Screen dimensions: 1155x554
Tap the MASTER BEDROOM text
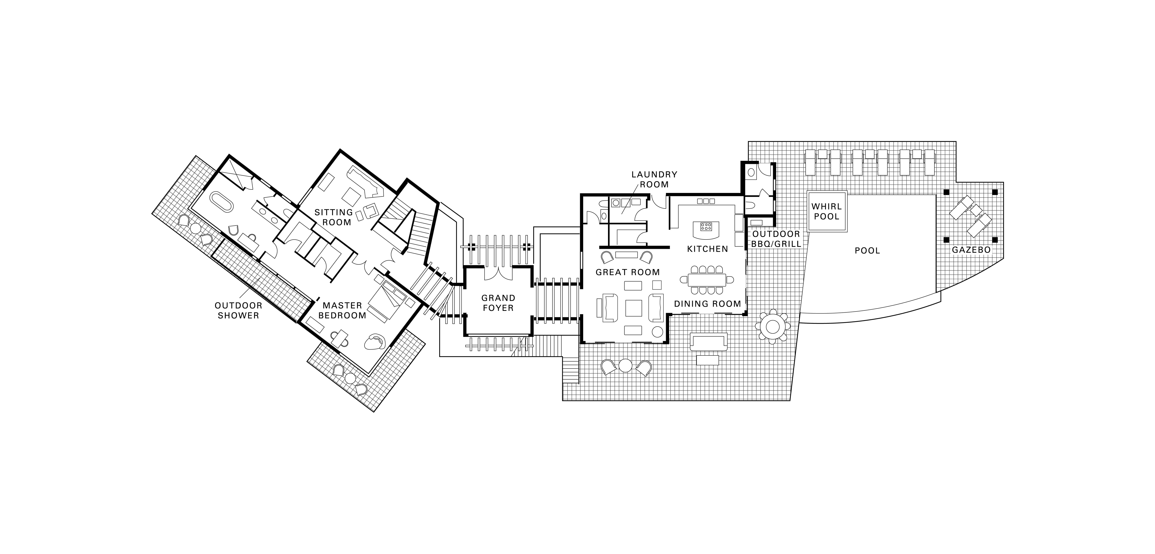342,310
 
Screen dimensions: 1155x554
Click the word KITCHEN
708,249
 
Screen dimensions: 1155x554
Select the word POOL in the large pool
867,251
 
